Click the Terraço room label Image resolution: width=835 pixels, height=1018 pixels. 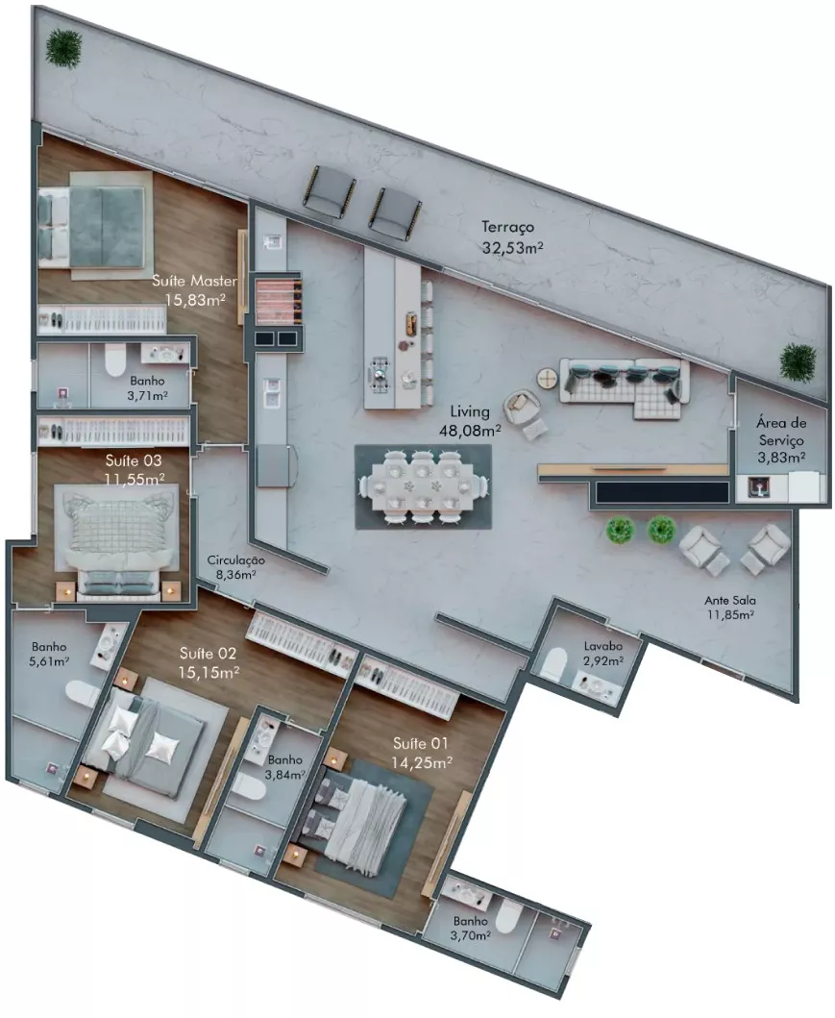(x=507, y=227)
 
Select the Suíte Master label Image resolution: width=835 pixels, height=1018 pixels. (x=194, y=281)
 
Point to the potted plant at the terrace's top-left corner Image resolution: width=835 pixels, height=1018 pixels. (x=64, y=47)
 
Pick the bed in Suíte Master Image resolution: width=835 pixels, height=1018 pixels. (x=91, y=227)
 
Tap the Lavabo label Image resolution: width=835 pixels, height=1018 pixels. (x=602, y=646)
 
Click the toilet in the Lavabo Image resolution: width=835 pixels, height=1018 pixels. (x=554, y=665)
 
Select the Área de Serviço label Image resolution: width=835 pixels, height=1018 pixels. (x=781, y=431)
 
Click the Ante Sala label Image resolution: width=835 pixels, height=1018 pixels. (x=730, y=601)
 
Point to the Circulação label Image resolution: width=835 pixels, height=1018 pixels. (x=235, y=559)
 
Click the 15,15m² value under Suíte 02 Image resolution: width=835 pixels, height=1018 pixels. (x=209, y=673)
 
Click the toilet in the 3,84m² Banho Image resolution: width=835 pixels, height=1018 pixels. (x=249, y=788)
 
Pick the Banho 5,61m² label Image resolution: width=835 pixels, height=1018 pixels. (x=50, y=655)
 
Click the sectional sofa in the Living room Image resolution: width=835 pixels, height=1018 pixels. (x=624, y=386)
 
